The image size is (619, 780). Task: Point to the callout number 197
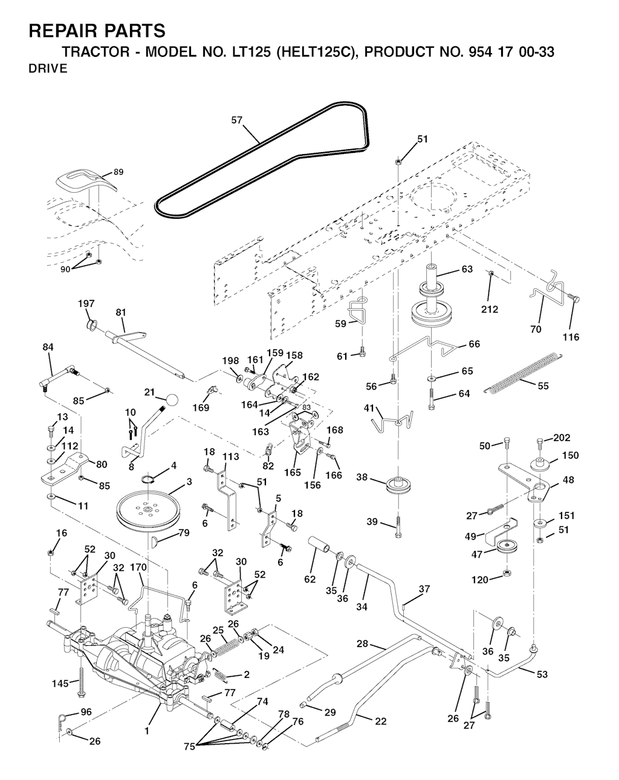(86, 303)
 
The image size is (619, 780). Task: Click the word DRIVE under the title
(48, 68)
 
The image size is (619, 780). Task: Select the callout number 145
(60, 683)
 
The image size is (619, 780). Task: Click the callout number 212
(490, 309)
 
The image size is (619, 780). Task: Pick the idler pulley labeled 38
(398, 485)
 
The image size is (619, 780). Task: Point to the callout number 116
(571, 337)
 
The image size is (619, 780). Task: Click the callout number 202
(562, 437)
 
